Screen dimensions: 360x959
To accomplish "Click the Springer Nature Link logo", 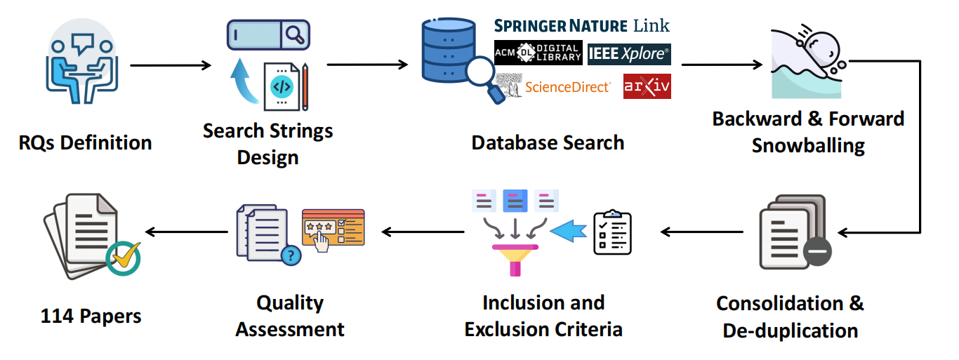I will click(x=582, y=26).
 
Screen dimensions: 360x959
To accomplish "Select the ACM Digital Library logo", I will click(x=538, y=53).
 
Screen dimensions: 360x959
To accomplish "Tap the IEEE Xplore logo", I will click(x=629, y=53).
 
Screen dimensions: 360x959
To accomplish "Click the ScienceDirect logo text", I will click(x=567, y=87).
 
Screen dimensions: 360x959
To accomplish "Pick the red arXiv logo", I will click(x=647, y=86).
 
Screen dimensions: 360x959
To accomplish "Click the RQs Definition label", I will click(x=85, y=142).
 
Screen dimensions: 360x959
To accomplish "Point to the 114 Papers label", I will click(x=91, y=316).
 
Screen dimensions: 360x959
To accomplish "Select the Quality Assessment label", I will click(x=290, y=316).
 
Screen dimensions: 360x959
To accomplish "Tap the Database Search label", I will click(x=548, y=142).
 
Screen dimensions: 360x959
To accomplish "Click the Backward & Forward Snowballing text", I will click(x=808, y=132).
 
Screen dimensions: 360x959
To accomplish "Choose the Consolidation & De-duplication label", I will click(x=791, y=316).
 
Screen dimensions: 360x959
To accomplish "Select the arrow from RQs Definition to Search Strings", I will click(x=171, y=65).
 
